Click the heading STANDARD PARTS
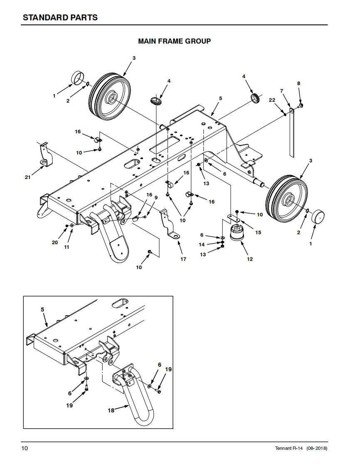60,17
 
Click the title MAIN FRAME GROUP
174,41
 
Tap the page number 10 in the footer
25,448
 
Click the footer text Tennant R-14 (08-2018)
301,448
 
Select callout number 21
28,177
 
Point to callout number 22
272,100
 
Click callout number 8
299,83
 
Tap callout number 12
249,259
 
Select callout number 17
183,259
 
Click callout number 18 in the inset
111,410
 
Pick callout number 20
55,243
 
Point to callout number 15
258,233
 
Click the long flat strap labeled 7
291,132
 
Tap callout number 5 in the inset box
42,309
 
